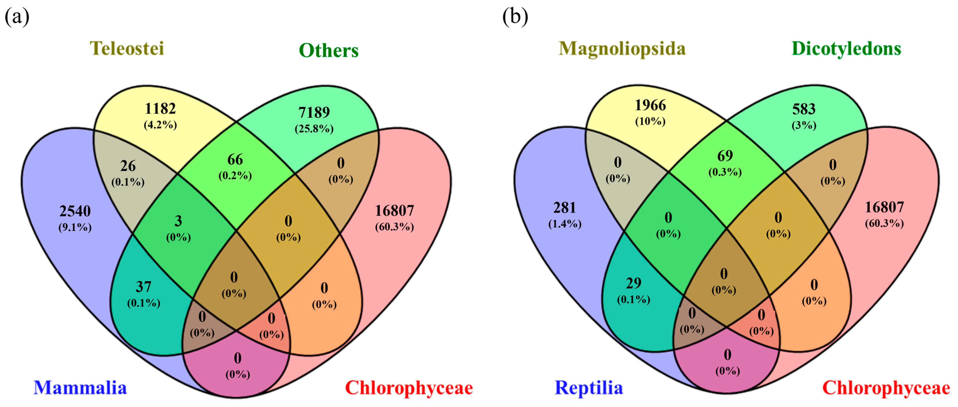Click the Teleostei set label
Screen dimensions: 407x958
127,49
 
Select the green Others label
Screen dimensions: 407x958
328,51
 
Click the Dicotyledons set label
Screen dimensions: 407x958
846,49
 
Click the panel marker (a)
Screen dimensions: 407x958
17,17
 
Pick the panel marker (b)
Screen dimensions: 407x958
515,17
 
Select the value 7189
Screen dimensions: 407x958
314,112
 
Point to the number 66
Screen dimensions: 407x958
235,160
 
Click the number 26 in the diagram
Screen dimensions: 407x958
128,166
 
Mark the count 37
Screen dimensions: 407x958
143,287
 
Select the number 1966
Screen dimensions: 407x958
650,105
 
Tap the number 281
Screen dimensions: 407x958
565,208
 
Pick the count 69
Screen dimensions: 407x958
725,156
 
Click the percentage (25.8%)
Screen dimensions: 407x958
314,129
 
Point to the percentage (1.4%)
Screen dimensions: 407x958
565,224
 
